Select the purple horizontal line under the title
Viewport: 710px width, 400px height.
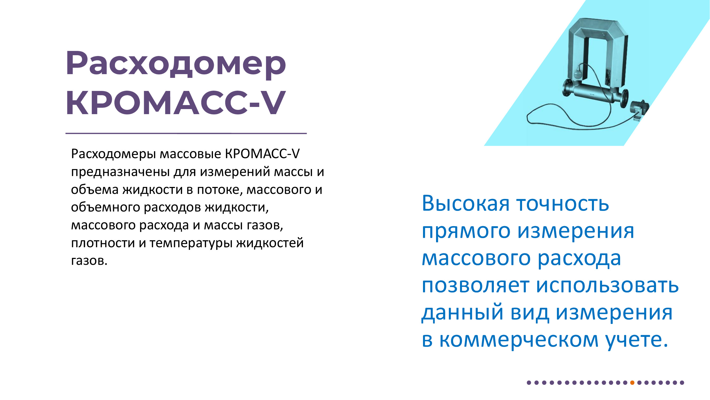(186, 134)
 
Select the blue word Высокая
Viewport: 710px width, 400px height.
(466, 203)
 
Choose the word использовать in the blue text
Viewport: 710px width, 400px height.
(608, 285)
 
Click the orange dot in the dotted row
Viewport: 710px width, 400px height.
(632, 383)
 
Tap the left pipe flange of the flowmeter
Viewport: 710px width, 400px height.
(567, 87)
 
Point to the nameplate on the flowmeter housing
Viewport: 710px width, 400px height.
(608, 77)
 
